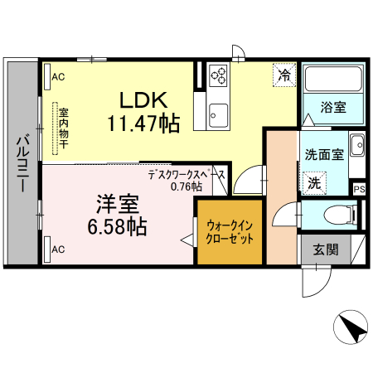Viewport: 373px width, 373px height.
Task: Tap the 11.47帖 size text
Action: [x=143, y=124]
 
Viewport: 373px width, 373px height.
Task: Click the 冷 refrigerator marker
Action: [x=284, y=75]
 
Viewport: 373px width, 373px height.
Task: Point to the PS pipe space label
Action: [x=359, y=189]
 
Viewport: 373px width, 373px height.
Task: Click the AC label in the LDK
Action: [x=58, y=77]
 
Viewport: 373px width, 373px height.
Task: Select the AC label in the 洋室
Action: [x=58, y=248]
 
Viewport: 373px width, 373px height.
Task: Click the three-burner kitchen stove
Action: [x=220, y=75]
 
